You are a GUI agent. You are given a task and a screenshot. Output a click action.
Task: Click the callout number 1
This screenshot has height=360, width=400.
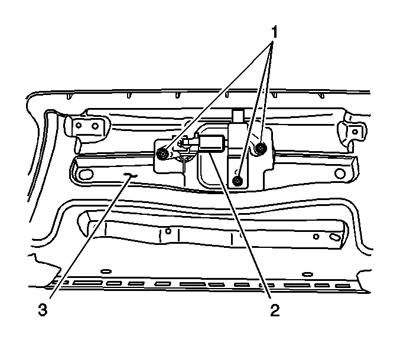(x=274, y=32)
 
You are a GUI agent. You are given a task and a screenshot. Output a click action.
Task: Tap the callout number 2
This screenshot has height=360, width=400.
(x=275, y=310)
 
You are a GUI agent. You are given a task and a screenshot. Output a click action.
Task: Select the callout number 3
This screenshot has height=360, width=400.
(x=43, y=310)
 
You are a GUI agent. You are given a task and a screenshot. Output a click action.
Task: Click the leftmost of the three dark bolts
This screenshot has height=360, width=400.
(x=162, y=153)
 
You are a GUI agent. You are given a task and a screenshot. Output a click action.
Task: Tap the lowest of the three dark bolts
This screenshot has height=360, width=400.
(x=238, y=181)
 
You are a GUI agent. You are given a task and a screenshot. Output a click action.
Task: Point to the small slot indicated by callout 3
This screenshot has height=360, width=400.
(x=130, y=175)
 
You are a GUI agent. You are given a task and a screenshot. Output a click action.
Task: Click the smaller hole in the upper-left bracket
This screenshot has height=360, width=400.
(x=79, y=125)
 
